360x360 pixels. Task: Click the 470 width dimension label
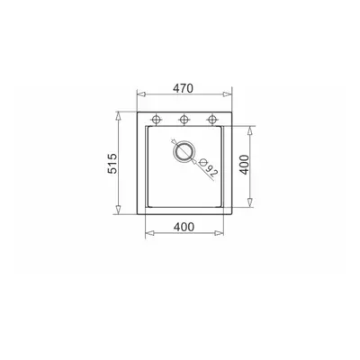pos(183,88)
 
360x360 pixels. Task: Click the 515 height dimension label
pos(112,164)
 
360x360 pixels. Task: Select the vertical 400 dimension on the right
pos(245,165)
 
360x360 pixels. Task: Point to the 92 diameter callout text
pos(211,171)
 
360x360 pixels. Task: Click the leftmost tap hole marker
pos(156,120)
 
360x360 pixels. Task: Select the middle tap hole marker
pos(184,120)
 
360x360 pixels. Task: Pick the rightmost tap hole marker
pos(212,120)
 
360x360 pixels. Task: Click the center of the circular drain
pos(184,151)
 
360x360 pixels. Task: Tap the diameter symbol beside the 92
pos(203,162)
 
